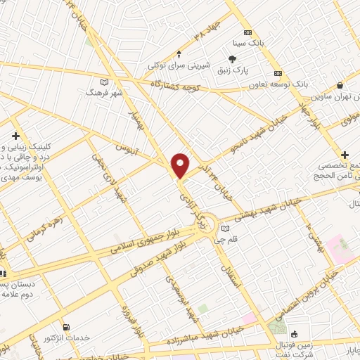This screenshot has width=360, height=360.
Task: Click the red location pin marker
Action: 181,165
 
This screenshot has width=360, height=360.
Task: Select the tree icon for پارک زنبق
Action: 233,60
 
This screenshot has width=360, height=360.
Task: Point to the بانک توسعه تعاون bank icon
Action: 278,74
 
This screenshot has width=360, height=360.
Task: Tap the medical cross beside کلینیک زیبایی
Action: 15,136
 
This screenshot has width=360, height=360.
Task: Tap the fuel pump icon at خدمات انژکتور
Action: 67,327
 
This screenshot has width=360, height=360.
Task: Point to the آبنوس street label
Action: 129,150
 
